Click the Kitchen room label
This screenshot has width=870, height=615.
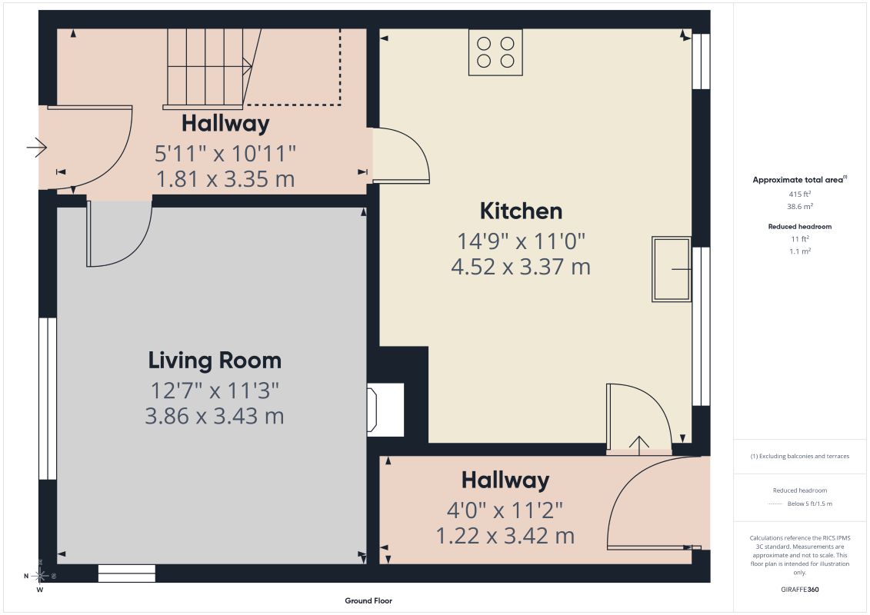pyautogui.click(x=521, y=211)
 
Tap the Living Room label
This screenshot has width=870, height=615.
pyautogui.click(x=215, y=361)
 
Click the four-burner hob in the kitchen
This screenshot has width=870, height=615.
pyautogui.click(x=495, y=52)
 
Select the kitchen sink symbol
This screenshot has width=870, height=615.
pyautogui.click(x=672, y=270)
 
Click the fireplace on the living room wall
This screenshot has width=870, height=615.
pyautogui.click(x=385, y=409)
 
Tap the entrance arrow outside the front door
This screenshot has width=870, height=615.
pyautogui.click(x=37, y=148)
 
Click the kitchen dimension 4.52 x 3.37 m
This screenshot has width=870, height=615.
pyautogui.click(x=521, y=267)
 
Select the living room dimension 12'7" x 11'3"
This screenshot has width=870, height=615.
pyautogui.click(x=215, y=391)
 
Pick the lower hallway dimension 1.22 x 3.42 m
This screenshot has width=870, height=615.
pyautogui.click(x=505, y=536)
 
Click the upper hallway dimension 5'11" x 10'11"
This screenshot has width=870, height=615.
pyautogui.click(x=225, y=154)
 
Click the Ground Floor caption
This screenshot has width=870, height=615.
pyautogui.click(x=368, y=600)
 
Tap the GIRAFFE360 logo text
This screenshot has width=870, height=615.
pyautogui.click(x=799, y=590)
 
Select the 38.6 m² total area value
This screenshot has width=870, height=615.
pyautogui.click(x=799, y=206)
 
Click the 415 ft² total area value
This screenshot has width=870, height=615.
pyautogui.click(x=799, y=194)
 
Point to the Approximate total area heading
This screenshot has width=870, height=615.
pyautogui.click(x=799, y=180)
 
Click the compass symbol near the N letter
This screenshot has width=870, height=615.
pyautogui.click(x=41, y=576)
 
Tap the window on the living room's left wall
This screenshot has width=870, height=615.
pyautogui.click(x=48, y=398)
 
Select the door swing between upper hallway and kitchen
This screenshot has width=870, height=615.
pyautogui.click(x=401, y=155)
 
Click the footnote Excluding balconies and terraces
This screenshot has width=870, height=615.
pyautogui.click(x=799, y=457)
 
